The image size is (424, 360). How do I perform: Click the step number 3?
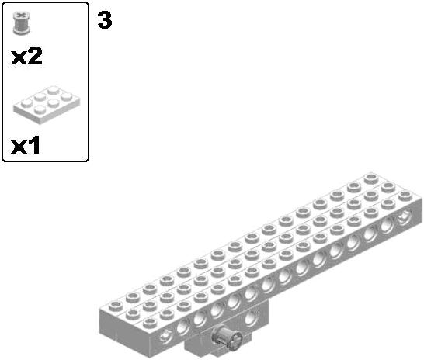(105, 20)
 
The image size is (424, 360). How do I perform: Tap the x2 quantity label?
(26, 56)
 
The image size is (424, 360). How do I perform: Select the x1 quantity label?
(25, 145)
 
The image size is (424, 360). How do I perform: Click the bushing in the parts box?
(21, 23)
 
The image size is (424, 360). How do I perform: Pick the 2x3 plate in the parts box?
(47, 104)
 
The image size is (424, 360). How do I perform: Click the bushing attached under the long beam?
(227, 336)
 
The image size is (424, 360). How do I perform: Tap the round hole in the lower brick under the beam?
(251, 317)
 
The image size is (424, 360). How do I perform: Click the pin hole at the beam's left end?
(165, 336)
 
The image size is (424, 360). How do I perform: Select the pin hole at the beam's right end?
(405, 216)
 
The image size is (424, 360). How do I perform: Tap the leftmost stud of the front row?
(150, 323)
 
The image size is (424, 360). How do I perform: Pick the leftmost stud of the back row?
(116, 306)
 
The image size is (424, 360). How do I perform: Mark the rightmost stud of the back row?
(371, 178)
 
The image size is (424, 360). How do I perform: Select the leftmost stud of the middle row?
(133, 314)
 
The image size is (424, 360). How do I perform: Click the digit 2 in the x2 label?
(34, 56)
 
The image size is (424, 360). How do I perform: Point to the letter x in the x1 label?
(18, 147)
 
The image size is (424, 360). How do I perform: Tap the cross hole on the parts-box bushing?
(20, 14)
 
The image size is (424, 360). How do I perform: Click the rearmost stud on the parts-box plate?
(53, 89)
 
